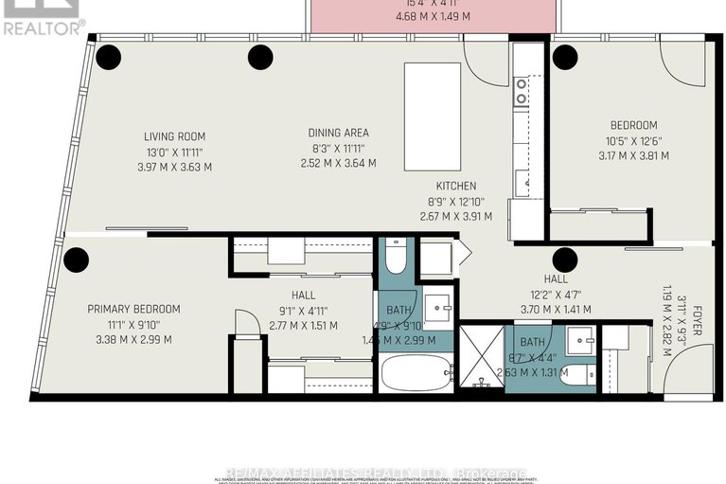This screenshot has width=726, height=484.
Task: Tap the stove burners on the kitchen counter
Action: point(521,91)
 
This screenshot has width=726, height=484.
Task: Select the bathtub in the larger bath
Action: point(417,371)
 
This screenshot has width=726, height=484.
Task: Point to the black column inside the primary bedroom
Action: point(76,259)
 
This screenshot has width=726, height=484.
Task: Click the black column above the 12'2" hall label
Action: point(565,259)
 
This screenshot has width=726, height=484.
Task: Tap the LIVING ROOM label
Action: point(175,136)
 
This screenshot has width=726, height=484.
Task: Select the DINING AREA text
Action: point(338,133)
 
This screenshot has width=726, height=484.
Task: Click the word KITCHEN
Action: point(455,186)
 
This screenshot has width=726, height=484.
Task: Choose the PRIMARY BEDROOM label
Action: point(133,309)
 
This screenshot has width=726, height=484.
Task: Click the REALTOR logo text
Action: point(43,28)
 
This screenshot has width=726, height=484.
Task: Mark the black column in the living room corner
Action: point(108,58)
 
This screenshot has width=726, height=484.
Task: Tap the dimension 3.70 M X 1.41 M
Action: point(556,309)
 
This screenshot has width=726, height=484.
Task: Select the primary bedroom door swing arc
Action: point(245,322)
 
